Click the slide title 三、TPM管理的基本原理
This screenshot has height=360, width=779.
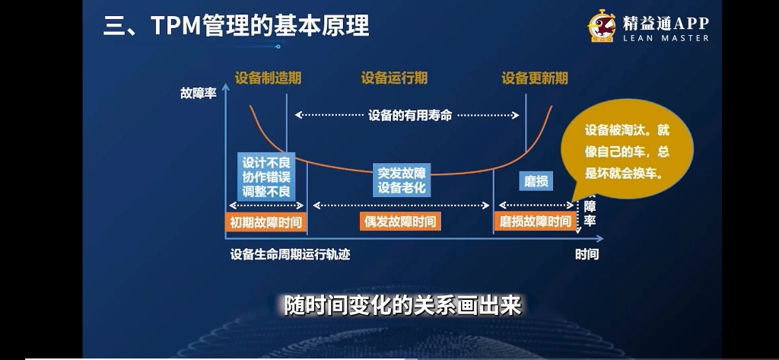tap(236, 26)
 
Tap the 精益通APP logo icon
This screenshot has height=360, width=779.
tap(601, 27)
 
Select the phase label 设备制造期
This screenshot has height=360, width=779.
tap(268, 78)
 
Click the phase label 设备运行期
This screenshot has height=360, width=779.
tap(394, 78)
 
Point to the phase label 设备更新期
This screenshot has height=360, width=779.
tap(535, 78)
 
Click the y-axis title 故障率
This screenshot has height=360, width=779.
tap(199, 94)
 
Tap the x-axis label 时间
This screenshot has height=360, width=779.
tap(587, 254)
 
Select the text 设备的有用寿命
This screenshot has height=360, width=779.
tap(410, 116)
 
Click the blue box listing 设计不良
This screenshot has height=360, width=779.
tap(266, 177)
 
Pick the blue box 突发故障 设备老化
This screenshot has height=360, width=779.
tap(402, 180)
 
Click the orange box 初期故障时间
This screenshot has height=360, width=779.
tap(266, 222)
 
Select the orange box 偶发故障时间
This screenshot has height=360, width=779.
tap(401, 221)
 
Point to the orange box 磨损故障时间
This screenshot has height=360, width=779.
tap(535, 221)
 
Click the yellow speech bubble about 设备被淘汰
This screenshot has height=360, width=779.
tap(627, 152)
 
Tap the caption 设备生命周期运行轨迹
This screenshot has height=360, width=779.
tap(290, 254)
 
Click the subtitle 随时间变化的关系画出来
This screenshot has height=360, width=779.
tap(402, 305)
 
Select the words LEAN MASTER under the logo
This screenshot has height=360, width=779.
tap(666, 38)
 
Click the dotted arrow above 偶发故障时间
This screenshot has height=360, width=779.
tap(401, 205)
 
